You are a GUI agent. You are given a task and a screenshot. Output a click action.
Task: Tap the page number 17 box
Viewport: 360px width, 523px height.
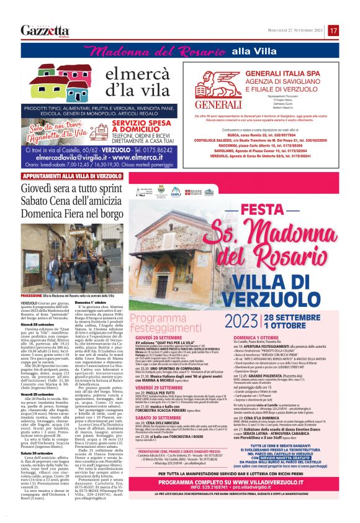333,30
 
